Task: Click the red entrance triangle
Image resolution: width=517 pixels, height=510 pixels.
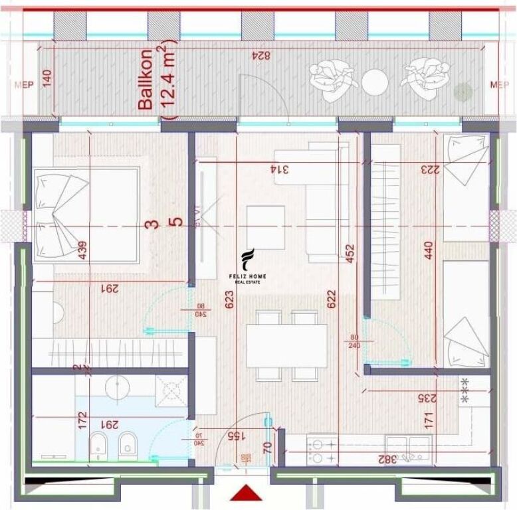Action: [247, 493]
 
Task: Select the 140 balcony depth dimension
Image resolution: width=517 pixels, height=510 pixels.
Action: [46, 79]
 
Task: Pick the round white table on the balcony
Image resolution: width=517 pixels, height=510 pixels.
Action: [375, 82]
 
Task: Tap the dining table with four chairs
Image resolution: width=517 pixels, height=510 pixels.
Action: [286, 345]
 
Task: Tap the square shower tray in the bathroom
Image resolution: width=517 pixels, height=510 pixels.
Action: [172, 390]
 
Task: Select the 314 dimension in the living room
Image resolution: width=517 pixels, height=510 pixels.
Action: [282, 169]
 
